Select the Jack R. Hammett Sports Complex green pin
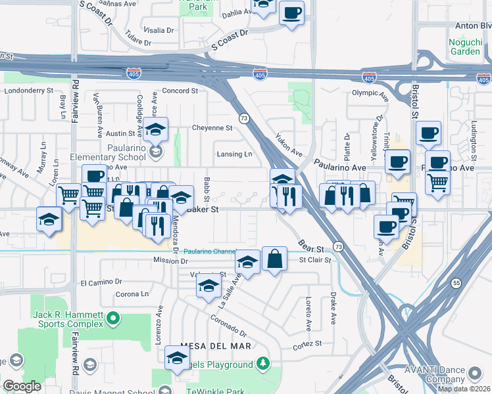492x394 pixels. point(114,320)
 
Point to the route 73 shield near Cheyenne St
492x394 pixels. point(244,118)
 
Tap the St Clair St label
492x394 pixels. point(312,260)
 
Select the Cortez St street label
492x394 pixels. point(307,343)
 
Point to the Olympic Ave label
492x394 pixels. point(370,93)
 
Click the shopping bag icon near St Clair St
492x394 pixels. point(274,260)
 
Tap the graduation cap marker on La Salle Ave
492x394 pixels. point(247,263)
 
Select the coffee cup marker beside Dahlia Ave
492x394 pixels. point(291,12)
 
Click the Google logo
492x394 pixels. point(22,386)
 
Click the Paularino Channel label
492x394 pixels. point(209,251)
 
